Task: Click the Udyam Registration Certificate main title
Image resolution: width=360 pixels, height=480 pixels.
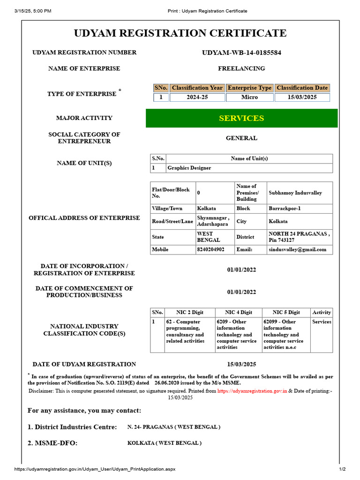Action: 180,33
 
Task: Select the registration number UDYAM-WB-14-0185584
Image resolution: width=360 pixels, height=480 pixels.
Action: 241,52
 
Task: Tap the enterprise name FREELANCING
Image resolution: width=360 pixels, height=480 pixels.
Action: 241,68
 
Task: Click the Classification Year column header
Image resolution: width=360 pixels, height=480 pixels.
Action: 197,88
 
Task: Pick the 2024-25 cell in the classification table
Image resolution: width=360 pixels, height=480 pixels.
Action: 197,97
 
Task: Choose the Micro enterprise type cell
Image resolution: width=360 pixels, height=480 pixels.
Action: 249,97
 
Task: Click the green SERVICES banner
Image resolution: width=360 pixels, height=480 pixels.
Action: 241,118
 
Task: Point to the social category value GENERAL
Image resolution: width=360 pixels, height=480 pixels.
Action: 241,138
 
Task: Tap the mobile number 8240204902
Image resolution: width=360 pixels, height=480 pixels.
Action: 210,250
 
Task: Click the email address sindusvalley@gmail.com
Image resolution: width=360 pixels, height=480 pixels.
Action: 297,250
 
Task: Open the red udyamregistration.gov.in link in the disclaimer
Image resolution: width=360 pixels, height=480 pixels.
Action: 252,390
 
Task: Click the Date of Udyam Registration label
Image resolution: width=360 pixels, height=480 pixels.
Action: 84,364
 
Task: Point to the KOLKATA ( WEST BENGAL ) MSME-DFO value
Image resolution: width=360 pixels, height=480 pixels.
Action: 165,443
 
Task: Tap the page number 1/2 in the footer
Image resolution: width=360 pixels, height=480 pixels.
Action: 342,469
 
